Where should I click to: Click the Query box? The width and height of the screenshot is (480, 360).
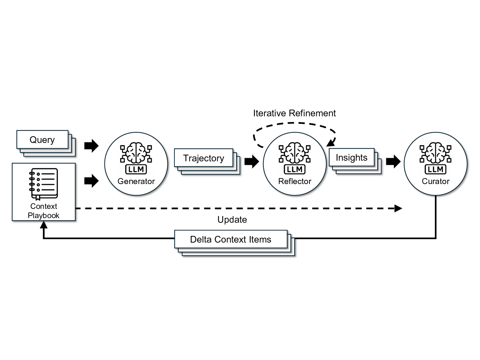click(x=42, y=140)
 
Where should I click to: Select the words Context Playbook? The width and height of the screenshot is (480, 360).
click(x=44, y=211)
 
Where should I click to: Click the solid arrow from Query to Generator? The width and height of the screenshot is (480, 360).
click(x=91, y=145)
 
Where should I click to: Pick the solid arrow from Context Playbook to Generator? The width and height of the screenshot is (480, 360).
click(x=91, y=181)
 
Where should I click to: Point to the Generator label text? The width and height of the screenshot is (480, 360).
click(x=136, y=182)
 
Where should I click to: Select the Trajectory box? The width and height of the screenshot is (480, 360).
click(x=203, y=158)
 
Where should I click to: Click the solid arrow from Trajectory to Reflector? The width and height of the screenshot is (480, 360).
click(x=252, y=161)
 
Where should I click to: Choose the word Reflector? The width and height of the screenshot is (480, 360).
click(x=295, y=182)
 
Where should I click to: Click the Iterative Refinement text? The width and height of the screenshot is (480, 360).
click(x=294, y=113)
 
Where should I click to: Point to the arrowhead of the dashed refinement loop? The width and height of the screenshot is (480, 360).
click(x=331, y=143)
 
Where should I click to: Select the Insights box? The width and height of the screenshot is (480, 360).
click(x=351, y=157)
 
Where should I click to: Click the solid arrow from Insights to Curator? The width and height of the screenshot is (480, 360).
click(x=393, y=161)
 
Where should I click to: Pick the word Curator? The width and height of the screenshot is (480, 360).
click(x=435, y=182)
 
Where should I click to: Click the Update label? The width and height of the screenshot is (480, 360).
click(x=232, y=220)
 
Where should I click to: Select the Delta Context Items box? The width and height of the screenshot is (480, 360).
click(x=230, y=239)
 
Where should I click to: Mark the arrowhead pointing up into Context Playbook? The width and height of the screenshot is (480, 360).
click(x=44, y=225)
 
